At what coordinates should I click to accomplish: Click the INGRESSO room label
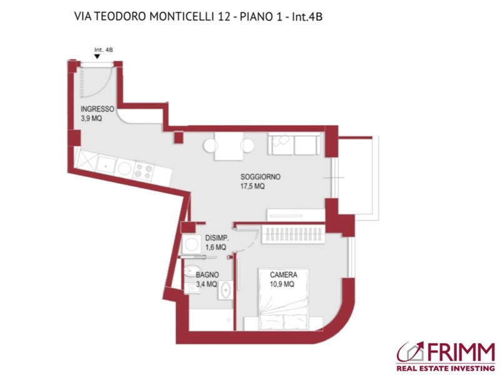(x=97, y=108)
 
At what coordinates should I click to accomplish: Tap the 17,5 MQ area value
(x=253, y=186)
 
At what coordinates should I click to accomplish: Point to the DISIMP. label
(x=217, y=238)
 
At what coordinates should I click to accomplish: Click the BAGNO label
(x=207, y=274)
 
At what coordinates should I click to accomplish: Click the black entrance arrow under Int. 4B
(x=97, y=57)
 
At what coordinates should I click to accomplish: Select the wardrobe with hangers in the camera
(x=292, y=236)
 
